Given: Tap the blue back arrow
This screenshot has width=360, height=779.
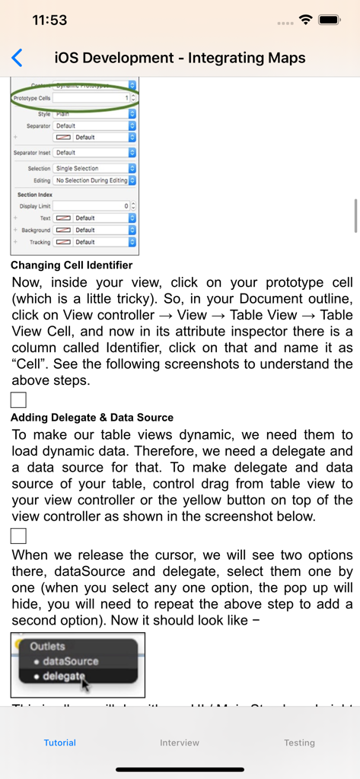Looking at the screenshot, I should point(17,58).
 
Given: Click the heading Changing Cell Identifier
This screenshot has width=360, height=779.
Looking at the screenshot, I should point(72,265).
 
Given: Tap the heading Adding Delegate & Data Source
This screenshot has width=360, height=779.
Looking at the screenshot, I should point(92,417).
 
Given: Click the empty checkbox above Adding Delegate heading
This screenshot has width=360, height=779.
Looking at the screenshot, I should point(18,400).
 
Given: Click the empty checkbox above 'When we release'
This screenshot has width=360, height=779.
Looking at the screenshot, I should point(18,536).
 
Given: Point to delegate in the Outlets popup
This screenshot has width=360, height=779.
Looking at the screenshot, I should point(65,676).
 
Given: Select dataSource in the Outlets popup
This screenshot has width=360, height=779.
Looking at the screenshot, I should point(70,661).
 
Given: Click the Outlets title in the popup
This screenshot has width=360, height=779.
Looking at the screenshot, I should point(47,646).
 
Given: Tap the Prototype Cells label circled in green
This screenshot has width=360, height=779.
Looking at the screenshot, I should point(32,98).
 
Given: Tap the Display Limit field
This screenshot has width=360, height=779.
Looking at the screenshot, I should point(91,206).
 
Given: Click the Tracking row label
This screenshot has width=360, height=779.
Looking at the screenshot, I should point(40,242).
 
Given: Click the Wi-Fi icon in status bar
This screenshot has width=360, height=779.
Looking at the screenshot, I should point(306,21).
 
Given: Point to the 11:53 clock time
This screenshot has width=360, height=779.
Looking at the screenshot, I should point(49,21).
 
